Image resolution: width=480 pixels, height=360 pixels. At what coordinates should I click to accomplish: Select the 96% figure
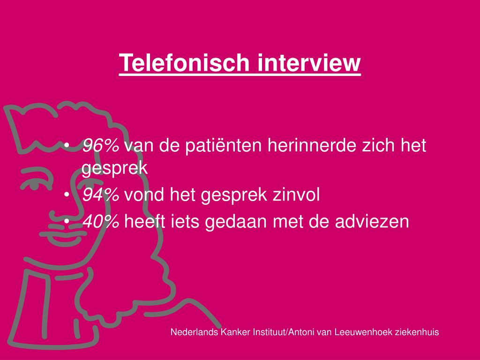(100, 146)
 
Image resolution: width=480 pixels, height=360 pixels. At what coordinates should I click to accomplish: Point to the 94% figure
(100, 195)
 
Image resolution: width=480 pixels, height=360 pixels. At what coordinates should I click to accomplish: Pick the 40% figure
(100, 221)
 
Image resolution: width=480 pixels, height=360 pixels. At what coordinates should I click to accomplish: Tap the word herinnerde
(309, 146)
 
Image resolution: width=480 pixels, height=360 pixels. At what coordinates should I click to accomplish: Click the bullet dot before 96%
(68, 146)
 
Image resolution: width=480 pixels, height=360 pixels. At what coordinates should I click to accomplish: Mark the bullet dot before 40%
(68, 221)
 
